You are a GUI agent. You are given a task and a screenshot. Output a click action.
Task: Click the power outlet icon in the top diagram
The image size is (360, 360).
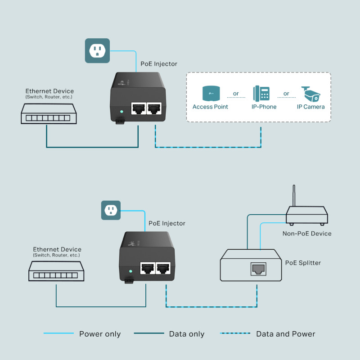click(x=97, y=50)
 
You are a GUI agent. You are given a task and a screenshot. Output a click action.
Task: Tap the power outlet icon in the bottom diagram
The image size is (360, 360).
click(x=111, y=210)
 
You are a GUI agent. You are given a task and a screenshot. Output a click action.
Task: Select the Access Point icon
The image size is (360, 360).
click(x=210, y=94)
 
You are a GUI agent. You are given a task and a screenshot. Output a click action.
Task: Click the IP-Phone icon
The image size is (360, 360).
click(x=261, y=94)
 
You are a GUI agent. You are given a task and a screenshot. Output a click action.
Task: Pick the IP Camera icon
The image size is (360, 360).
click(x=310, y=94)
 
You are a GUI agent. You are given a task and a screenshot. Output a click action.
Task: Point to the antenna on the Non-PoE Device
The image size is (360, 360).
click(x=294, y=195)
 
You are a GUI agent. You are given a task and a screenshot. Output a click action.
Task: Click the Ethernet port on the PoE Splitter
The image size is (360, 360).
click(x=258, y=269)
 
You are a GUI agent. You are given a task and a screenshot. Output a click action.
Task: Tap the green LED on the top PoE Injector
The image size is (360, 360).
click(x=121, y=111)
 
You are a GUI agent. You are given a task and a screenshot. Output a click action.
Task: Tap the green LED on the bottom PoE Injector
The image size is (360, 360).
click(x=130, y=271)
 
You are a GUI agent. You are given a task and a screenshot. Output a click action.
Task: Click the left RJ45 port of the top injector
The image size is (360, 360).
click(x=138, y=109)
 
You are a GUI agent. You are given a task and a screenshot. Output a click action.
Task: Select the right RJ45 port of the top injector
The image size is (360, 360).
click(x=154, y=109)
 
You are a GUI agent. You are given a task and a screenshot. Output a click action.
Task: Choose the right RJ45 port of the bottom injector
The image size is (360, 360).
click(x=162, y=269)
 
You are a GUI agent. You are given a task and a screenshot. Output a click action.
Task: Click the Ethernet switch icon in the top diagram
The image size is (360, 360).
click(x=49, y=114)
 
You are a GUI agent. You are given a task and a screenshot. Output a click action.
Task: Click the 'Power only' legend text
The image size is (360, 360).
click(x=100, y=334)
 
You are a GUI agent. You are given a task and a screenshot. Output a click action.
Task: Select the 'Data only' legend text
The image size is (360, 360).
click(x=186, y=334)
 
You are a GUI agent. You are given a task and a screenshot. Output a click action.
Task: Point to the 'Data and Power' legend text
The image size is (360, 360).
click(x=285, y=334)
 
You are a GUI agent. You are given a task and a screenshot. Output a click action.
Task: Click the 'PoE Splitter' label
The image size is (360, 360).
click(x=303, y=263)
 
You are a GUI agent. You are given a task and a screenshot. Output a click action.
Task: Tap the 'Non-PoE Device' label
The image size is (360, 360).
click(x=307, y=234)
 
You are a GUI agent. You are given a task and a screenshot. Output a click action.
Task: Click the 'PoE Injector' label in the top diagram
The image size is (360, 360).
click(x=159, y=64)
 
